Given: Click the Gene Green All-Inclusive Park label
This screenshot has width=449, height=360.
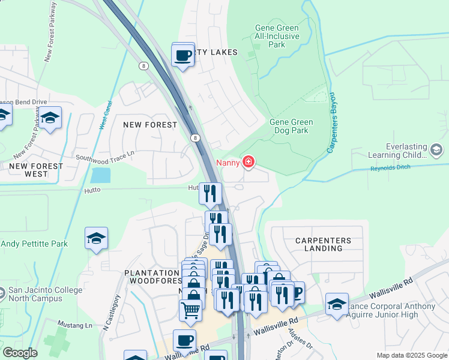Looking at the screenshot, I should coord(277,36).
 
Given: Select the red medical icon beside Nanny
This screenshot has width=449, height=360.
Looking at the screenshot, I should coord(247,162).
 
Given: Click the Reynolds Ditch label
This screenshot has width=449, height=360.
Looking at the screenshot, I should coord(390,167).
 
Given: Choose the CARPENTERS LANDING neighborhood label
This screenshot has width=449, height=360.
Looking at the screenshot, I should coord(323,244).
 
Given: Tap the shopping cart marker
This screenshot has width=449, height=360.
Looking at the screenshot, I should coord(190,310).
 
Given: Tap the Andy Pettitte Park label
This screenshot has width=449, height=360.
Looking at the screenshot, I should coord(34,244).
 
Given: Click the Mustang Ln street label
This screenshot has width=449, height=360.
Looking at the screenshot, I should coord(79,325).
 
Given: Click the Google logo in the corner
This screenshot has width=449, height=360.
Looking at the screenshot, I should coord(20,353).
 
